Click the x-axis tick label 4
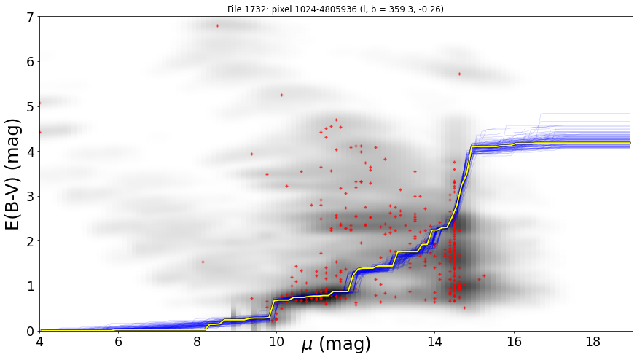tap(39, 342)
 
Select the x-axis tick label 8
tap(198, 342)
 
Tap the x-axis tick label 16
tap(514, 342)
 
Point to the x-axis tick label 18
tap(593, 342)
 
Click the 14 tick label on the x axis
tap(434, 342)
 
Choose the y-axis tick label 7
tap(31, 17)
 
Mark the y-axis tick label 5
tap(31, 107)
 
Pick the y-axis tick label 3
tap(31, 197)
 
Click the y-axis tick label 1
tap(31, 286)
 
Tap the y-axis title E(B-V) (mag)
tap(12, 174)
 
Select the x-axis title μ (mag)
tap(336, 344)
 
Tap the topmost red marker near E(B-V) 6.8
tap(217, 26)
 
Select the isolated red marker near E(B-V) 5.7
tap(459, 74)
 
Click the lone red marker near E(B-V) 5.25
tap(281, 95)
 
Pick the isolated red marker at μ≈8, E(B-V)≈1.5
tap(203, 262)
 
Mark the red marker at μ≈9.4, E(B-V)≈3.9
tap(252, 154)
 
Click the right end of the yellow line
tap(630, 143)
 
